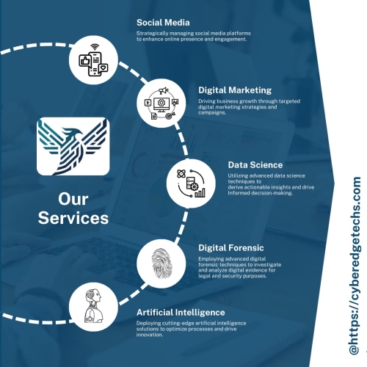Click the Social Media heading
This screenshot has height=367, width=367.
point(163,23)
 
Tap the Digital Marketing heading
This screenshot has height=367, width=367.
point(235,90)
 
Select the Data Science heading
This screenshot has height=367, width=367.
point(255,165)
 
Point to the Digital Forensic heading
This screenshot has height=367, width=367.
point(231,248)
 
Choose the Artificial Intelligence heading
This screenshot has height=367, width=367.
point(181,313)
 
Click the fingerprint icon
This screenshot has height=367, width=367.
point(161,264)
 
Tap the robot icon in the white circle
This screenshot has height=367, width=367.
point(93,306)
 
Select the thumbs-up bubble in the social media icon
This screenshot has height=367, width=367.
point(85,60)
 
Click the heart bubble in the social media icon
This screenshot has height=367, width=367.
point(103,68)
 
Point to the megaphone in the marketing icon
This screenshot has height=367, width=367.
point(163,91)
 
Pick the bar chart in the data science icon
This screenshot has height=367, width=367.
point(200,193)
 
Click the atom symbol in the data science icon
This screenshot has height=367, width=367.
point(181,174)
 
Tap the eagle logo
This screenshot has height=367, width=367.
point(73,146)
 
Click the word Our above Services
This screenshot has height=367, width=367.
point(73,199)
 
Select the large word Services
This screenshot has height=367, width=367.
point(73,218)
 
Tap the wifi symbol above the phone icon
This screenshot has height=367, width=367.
point(95,47)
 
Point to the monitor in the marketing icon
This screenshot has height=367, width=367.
point(161,105)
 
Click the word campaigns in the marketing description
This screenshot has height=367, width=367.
point(211,112)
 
